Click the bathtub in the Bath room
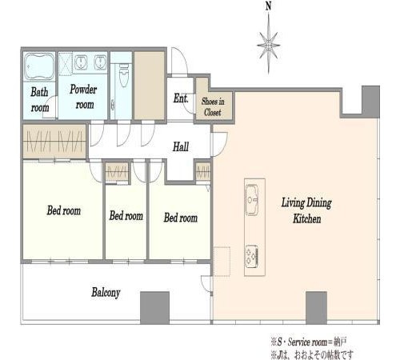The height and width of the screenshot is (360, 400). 39,66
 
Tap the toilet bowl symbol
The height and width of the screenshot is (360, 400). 124,75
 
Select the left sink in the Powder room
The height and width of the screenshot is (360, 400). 81,62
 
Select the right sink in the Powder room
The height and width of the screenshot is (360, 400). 100,62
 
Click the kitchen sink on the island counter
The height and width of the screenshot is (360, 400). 251,199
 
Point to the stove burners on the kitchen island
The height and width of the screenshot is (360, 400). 251,256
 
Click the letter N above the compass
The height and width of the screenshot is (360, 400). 268,6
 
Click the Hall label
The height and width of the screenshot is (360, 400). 181,146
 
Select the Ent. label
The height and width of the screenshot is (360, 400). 181,98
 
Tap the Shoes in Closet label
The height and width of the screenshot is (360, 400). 213,106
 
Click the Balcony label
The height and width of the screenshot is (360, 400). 106,293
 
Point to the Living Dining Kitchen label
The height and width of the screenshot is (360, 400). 306,210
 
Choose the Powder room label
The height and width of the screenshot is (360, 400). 83,97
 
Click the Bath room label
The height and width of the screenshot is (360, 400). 40,100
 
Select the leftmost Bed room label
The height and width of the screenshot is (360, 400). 64,210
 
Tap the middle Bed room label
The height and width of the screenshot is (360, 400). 126,216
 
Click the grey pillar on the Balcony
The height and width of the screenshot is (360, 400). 154,308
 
